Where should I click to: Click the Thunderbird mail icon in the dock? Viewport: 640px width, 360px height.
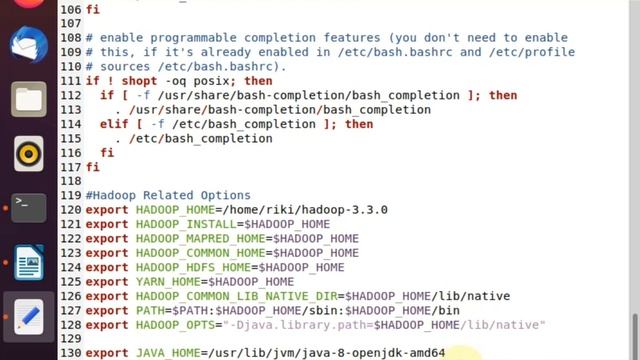29,44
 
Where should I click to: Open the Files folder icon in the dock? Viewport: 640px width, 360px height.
29,99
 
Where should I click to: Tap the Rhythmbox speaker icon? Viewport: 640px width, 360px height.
29,154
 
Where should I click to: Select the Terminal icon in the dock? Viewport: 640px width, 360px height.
29,208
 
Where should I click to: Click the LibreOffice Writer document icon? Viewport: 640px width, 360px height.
29,262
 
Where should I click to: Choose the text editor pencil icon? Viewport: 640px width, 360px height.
29,317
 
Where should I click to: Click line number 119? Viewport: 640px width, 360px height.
71,195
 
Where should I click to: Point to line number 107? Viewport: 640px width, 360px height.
71,23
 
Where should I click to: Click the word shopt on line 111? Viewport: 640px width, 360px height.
139,81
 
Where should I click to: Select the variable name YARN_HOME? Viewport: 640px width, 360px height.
168,282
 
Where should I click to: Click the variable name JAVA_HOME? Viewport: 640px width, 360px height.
168,353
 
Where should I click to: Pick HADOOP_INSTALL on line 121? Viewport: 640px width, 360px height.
186,224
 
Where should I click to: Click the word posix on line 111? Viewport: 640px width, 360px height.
211,81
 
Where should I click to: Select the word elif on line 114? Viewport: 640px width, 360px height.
114,124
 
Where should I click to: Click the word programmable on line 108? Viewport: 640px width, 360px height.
193,38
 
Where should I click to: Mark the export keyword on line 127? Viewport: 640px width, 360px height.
107,311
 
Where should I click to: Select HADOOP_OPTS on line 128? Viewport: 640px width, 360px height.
176,325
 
